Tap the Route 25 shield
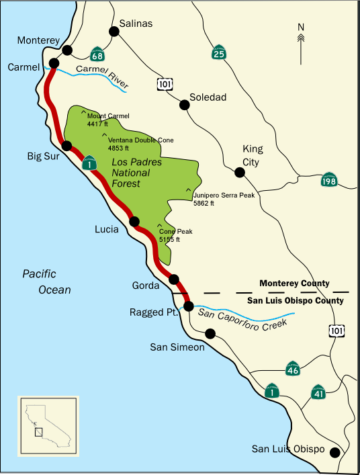[218, 52]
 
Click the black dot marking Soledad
[184, 105]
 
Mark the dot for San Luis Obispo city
[334, 452]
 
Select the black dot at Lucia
[134, 222]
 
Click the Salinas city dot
[114, 31]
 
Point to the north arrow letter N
[302, 28]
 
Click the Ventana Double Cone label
[140, 143]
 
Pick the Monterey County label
[294, 284]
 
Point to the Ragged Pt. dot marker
[189, 306]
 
